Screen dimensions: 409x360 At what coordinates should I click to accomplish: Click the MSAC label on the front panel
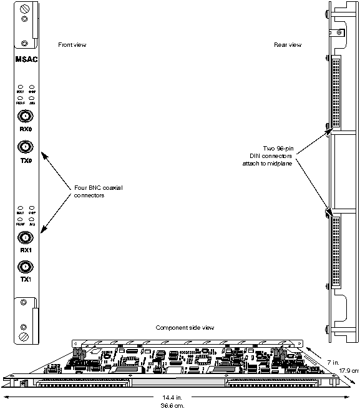pos(24,60)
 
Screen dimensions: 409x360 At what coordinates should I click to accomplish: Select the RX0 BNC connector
pos(25,116)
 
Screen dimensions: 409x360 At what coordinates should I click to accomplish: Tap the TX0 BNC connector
pos(25,147)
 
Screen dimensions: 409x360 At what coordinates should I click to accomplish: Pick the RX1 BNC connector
pos(25,237)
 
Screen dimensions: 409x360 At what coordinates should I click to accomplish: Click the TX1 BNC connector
pos(25,267)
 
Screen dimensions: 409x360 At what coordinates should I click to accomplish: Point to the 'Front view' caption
pos(72,45)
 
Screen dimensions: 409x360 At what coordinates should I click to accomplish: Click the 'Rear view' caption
pos(288,45)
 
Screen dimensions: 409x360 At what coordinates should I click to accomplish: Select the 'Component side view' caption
pos(185,328)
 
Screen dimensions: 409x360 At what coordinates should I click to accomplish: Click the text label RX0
pos(25,130)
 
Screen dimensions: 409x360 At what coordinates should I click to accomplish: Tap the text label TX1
pos(25,280)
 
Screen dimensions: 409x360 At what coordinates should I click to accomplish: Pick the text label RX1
pos(25,250)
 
